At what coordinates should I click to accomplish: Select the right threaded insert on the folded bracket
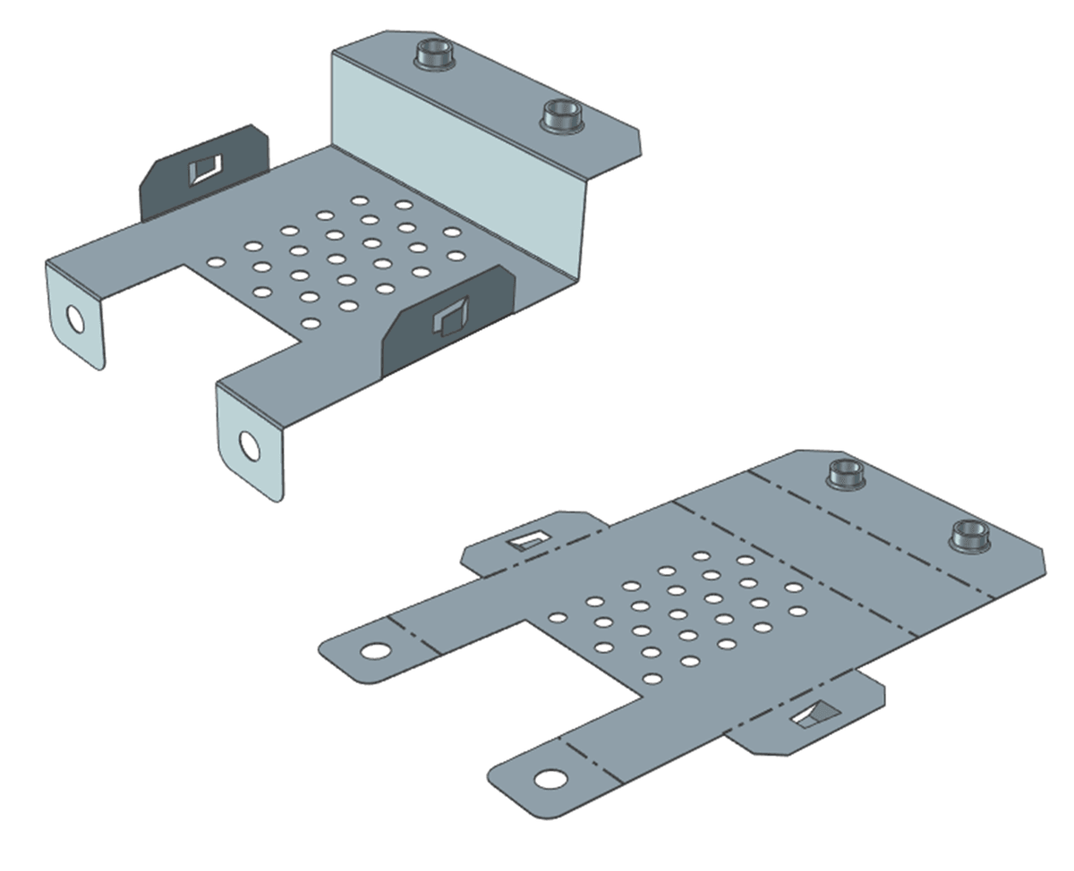click(563, 115)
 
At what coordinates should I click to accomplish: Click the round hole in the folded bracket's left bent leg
click(75, 319)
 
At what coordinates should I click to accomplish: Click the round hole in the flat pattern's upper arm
click(376, 651)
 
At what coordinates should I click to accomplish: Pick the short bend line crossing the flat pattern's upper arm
click(415, 633)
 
